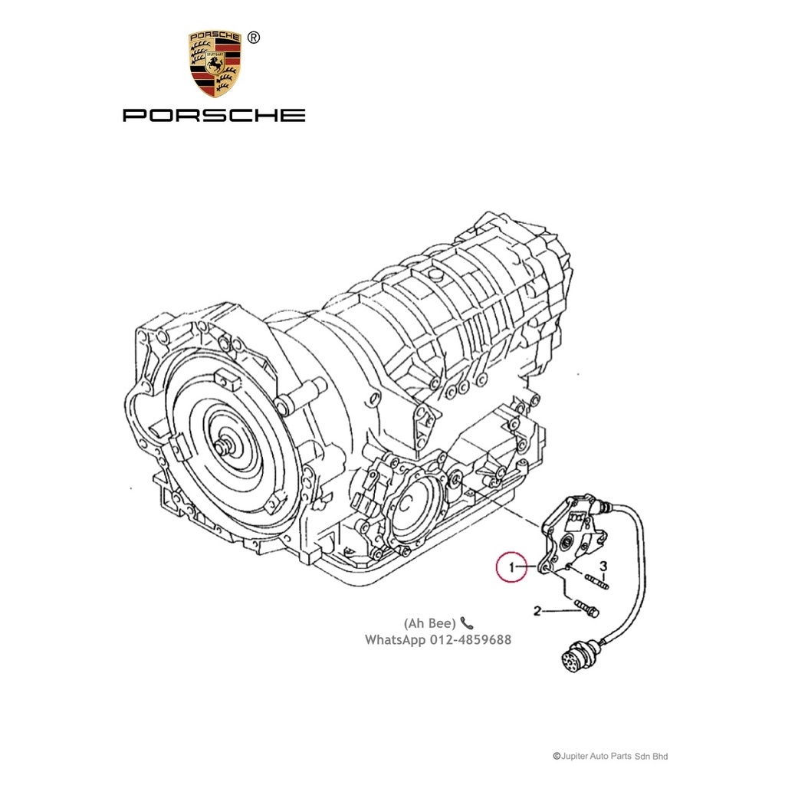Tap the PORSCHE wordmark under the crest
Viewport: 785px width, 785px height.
[214, 116]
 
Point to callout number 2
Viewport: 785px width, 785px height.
[537, 611]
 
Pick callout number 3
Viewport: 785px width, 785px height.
[603, 567]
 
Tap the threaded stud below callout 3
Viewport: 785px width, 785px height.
[598, 582]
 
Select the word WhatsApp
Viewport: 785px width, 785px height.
[394, 639]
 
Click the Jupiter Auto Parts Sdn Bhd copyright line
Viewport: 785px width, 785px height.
[610, 756]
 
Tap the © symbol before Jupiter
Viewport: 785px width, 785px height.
[557, 756]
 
